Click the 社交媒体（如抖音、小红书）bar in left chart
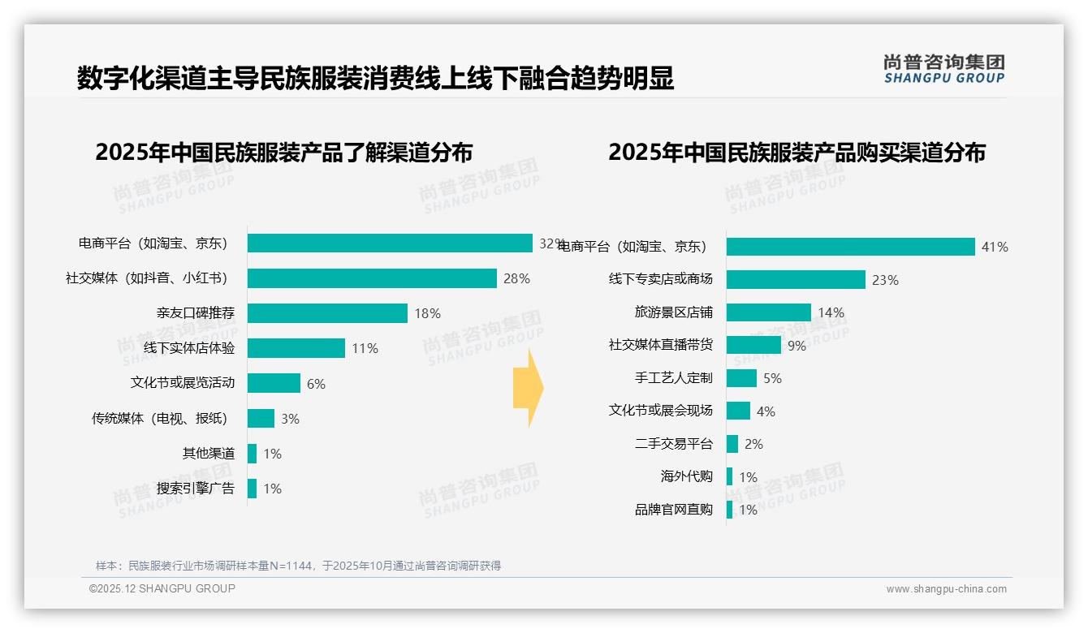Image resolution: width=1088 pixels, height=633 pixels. (372, 278)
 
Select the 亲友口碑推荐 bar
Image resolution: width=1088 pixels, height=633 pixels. (327, 313)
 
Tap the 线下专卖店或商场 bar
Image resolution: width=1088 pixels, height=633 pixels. (796, 279)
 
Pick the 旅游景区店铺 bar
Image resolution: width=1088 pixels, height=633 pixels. (768, 312)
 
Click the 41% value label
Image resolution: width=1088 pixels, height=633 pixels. (995, 247)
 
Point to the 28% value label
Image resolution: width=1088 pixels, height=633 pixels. (516, 278)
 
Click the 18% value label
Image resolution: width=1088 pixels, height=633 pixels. (427, 313)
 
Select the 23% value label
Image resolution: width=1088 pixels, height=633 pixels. (885, 280)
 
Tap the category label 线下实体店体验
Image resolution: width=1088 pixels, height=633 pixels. (189, 348)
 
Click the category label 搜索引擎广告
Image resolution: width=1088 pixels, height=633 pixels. (196, 489)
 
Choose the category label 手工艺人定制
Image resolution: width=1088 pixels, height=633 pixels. (673, 377)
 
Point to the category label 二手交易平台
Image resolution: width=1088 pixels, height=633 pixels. (673, 444)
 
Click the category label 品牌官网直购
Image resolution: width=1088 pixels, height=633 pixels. (673, 510)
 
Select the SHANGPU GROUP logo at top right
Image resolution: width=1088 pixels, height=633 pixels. (943, 69)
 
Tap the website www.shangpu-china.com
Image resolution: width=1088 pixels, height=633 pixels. (946, 589)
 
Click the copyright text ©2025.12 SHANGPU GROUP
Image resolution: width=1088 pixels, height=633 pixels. (162, 588)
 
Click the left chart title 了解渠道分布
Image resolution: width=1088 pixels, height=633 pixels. (283, 153)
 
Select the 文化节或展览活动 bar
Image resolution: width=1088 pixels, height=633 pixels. (274, 383)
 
